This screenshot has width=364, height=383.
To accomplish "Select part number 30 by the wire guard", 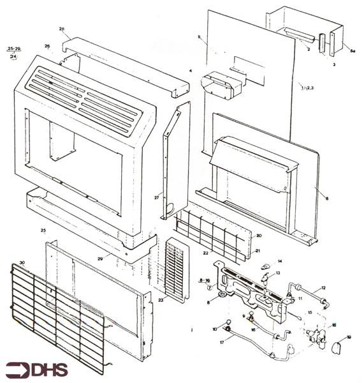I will [x=22, y=263].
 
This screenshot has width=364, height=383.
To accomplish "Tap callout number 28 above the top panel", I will [x=62, y=29].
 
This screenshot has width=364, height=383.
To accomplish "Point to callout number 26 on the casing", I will [x=47, y=47].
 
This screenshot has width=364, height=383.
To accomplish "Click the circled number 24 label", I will [x=14, y=57].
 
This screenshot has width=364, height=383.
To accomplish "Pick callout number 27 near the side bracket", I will [x=156, y=198].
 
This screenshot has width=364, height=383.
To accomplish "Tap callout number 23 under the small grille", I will [x=161, y=299].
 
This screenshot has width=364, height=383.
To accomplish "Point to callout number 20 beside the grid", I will [x=258, y=236].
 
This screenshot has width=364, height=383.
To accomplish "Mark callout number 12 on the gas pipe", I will [x=323, y=289].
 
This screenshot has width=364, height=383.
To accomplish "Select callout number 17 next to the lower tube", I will [x=222, y=343].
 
